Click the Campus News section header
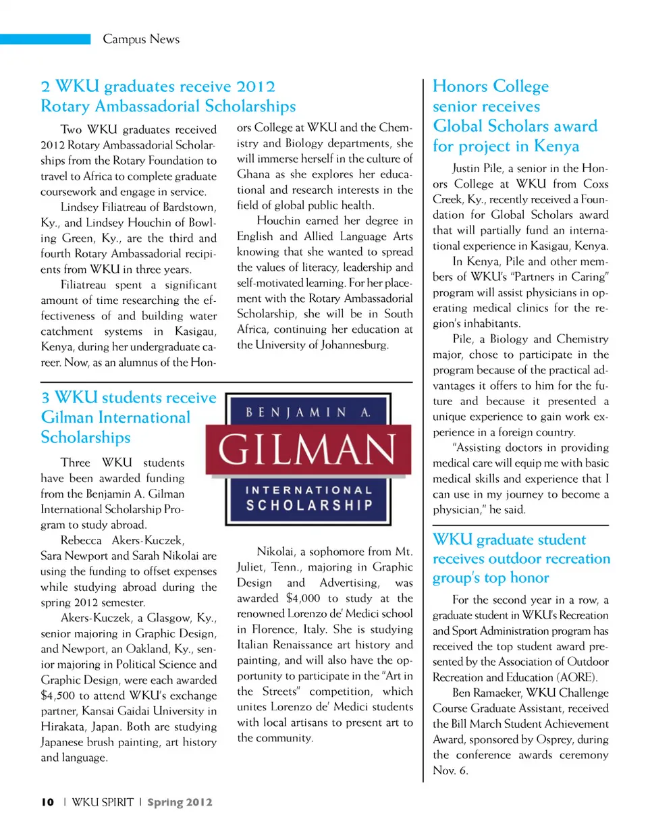[x=141, y=39]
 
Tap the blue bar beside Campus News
[x=45, y=39]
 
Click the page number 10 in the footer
[x=47, y=802]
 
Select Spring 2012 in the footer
[x=180, y=802]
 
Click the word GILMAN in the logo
[x=307, y=450]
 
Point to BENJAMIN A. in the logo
[x=308, y=412]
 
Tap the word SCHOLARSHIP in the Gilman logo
[x=308, y=505]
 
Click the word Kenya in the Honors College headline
[x=556, y=147]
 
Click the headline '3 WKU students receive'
[x=129, y=397]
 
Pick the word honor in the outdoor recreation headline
[x=529, y=578]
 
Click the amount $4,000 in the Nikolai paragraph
[x=303, y=598]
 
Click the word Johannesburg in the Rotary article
[x=354, y=345]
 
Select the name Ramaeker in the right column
[x=497, y=693]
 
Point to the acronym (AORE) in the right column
[x=577, y=677]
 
